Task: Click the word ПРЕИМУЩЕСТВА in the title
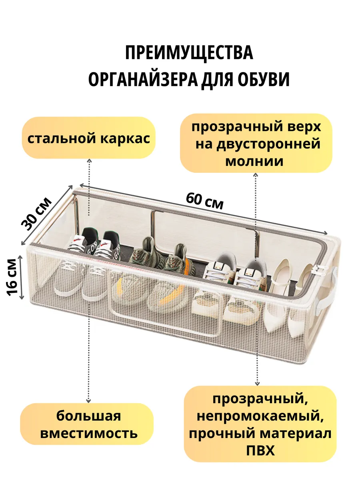point(189,53)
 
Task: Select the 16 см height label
point(12,276)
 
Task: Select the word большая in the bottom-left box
point(88,416)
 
